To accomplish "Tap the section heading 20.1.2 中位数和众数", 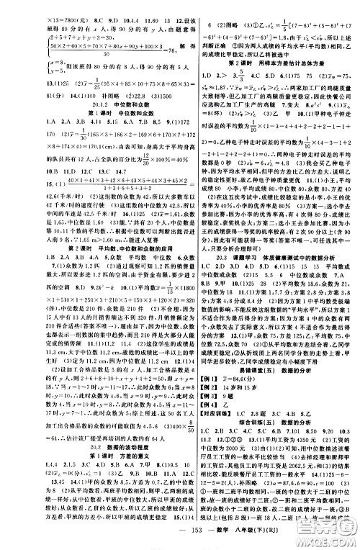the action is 91,103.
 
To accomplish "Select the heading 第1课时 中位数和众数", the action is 91,113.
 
